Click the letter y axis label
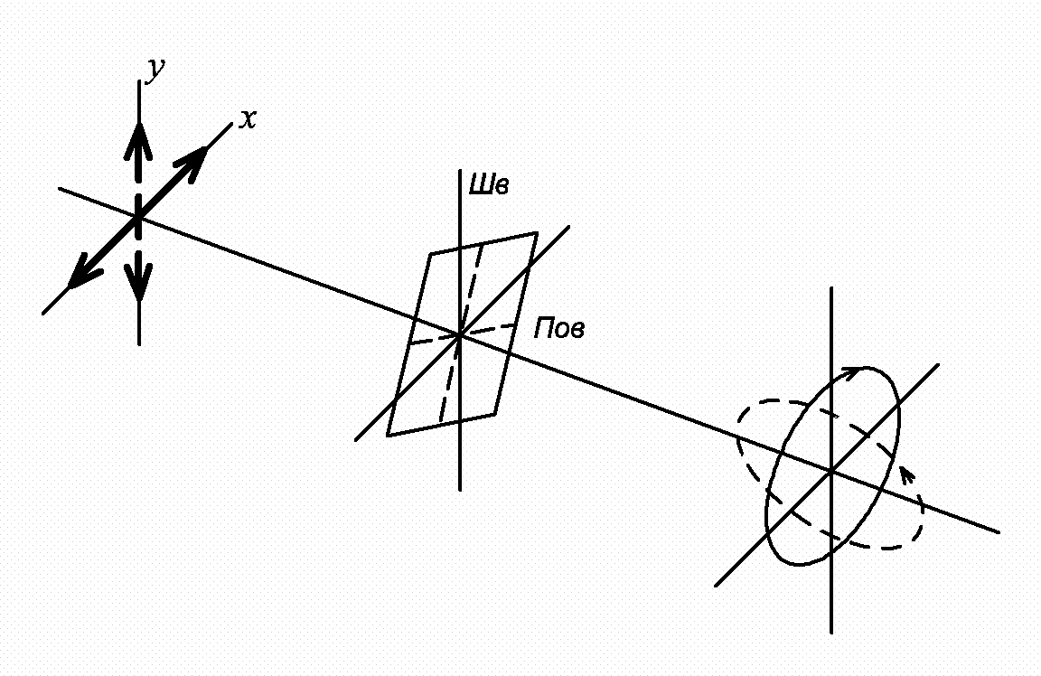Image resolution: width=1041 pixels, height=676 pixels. coord(155,69)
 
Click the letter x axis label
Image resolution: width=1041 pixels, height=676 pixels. coord(249,119)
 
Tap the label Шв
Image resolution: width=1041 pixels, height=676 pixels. coord(489,184)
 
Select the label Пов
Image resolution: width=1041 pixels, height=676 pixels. coord(559,328)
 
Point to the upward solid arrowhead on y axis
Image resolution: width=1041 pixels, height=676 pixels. coord(138,141)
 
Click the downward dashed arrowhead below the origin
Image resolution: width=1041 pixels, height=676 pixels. coord(139,282)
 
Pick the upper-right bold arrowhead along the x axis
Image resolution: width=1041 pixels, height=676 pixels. coord(192,164)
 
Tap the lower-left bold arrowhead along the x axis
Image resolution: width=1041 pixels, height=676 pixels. coord(85,272)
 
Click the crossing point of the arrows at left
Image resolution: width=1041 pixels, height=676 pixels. coord(138,218)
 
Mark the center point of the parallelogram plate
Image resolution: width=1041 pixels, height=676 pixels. coord(459,335)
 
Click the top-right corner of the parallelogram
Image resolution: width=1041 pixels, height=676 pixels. coord(537,233)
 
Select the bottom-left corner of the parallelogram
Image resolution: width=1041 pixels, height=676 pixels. coord(388,436)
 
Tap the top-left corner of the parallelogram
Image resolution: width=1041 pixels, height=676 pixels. coord(430,253)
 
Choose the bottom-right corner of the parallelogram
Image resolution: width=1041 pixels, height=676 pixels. coord(494,414)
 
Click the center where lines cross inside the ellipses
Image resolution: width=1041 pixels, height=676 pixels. coord(831,472)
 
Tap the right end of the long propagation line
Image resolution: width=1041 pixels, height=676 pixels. coord(999,532)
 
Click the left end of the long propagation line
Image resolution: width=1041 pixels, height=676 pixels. coord(59,189)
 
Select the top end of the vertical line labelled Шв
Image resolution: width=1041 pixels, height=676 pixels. coord(460,170)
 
